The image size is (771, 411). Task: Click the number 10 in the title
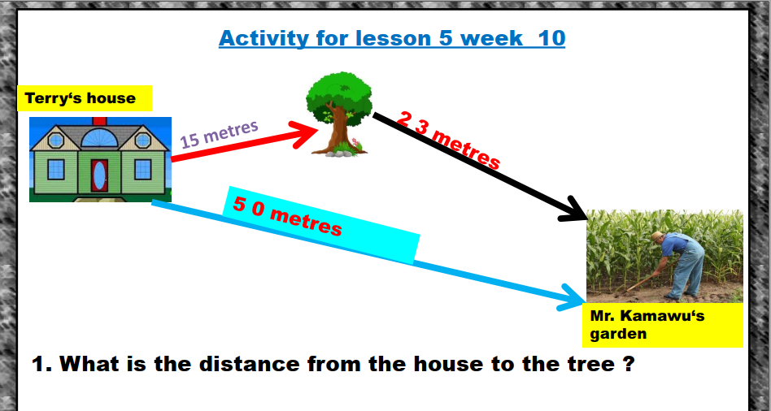pyautogui.click(x=551, y=38)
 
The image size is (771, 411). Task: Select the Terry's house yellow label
pyautogui.click(x=85, y=98)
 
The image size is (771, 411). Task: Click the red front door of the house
pyautogui.click(x=100, y=175)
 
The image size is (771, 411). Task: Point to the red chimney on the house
pyautogui.click(x=100, y=121)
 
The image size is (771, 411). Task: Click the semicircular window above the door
pyautogui.click(x=100, y=138)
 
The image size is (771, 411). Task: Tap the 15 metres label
pyautogui.click(x=220, y=134)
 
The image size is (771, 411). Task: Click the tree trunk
pyautogui.click(x=338, y=132)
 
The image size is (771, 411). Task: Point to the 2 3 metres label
pyautogui.click(x=448, y=141)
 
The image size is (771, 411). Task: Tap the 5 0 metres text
pyautogui.click(x=287, y=216)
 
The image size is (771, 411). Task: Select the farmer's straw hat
pyautogui.click(x=657, y=237)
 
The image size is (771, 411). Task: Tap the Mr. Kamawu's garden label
pyautogui.click(x=662, y=325)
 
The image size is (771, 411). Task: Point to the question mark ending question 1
pyautogui.click(x=629, y=364)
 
